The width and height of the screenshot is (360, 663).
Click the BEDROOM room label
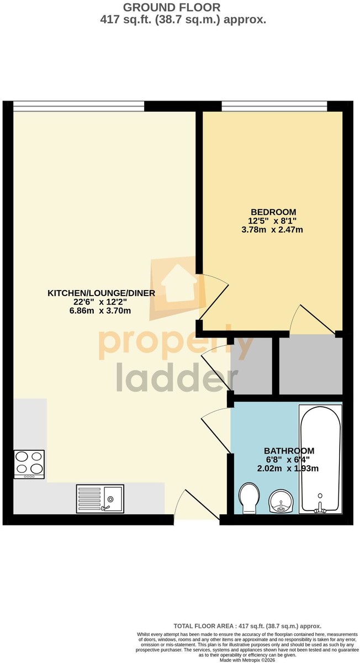pos(273,212)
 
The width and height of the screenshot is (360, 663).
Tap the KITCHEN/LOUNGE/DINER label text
pos(102,293)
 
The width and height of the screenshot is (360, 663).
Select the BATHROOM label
pos(289,451)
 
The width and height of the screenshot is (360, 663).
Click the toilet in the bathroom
pos(249,499)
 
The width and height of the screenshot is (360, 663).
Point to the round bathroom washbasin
pos(281,501)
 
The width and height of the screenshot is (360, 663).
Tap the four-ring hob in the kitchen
pos(29,465)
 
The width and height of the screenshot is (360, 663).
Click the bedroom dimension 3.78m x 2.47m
pos(272,230)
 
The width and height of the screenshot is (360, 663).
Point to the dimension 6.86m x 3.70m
pos(100,311)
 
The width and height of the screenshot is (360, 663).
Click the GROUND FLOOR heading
pos(172,7)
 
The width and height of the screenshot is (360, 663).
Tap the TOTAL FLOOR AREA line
pos(247,626)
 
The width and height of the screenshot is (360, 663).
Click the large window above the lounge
pos(79,106)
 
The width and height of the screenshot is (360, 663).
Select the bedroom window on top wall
pos(274,106)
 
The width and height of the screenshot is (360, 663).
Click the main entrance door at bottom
pos(197,504)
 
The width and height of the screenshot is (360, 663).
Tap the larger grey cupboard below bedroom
pos(311,365)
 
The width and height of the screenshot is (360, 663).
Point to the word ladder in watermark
pos(177,377)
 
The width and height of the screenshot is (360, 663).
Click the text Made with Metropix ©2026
pos(247,660)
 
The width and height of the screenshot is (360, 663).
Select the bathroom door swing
pos(216,429)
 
